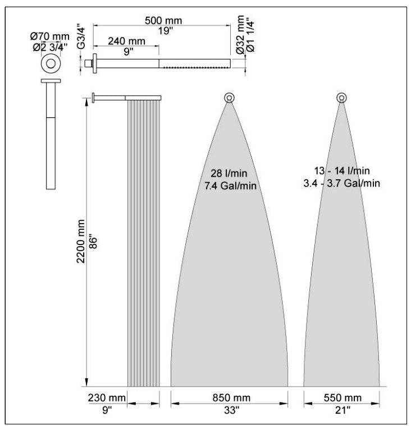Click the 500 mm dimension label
(x=163, y=20)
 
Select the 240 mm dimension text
(x=126, y=41)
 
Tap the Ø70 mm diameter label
(x=49, y=36)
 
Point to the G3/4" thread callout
(x=81, y=38)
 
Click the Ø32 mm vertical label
(x=240, y=35)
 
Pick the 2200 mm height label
(x=81, y=241)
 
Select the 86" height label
(x=93, y=243)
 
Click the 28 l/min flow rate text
(x=229, y=173)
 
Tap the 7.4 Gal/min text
(x=230, y=186)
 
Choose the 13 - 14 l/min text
(x=342, y=171)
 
